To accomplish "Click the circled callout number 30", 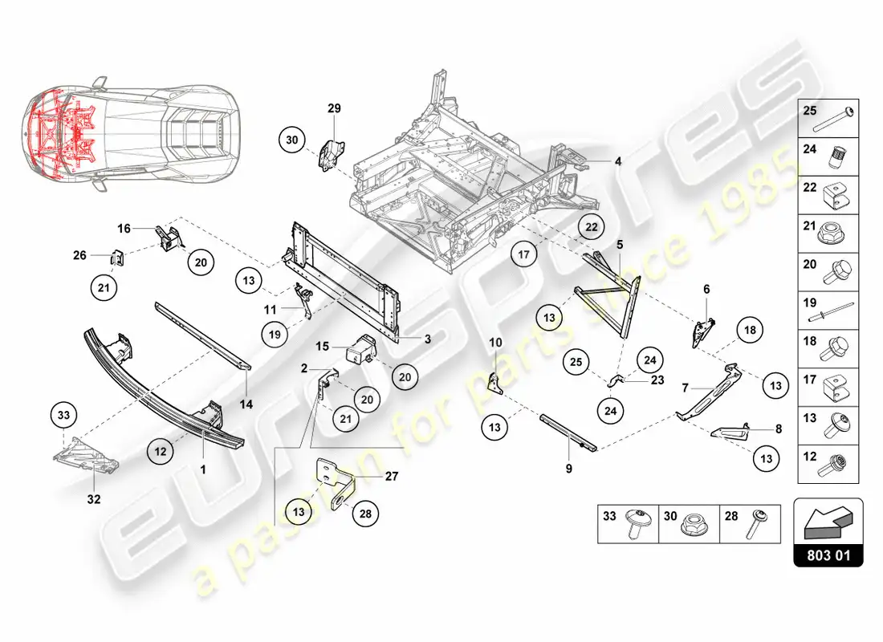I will [x=291, y=140].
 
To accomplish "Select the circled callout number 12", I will [x=161, y=452].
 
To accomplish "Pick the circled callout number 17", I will [x=523, y=254].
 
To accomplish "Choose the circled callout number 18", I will [x=749, y=330].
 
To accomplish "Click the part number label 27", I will [x=391, y=476].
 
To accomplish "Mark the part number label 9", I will [x=568, y=467].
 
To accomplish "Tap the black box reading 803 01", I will [x=828, y=554].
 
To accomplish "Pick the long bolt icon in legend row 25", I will [x=837, y=119].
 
